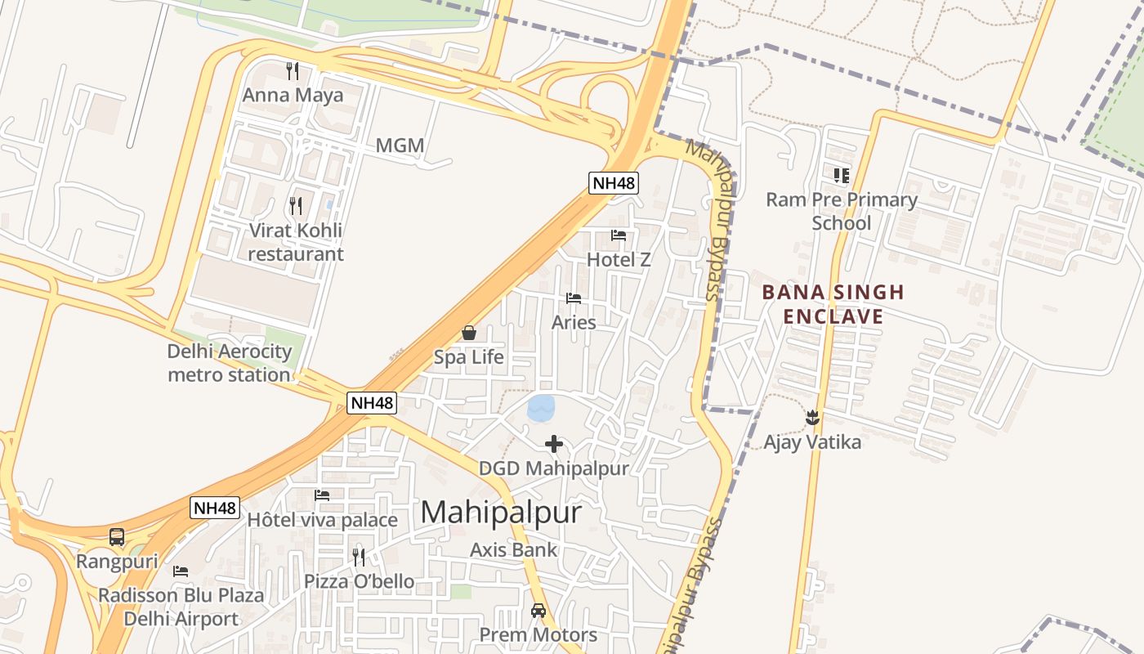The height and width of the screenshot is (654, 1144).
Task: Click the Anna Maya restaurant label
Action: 293,95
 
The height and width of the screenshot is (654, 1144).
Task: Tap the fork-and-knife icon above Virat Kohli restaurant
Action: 296,205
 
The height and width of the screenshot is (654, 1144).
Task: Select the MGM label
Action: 400,146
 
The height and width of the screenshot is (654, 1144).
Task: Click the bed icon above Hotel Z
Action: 619,235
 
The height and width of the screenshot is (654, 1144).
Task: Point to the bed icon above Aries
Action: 574,298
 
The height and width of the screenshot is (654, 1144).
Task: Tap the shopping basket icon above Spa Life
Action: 469,333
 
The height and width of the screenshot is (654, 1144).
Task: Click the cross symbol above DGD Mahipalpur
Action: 554,444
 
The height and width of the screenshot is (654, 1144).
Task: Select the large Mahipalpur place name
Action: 501,513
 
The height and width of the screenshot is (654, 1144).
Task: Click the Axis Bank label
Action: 513,549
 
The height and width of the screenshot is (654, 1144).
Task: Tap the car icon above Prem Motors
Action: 538,610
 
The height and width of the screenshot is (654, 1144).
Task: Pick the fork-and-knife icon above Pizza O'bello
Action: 359,558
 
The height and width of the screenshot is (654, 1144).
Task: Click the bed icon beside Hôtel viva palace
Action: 322,495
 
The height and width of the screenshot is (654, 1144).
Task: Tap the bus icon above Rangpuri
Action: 117,537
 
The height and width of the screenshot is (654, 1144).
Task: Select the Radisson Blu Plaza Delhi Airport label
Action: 181,607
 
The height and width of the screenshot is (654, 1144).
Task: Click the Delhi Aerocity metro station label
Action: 230,363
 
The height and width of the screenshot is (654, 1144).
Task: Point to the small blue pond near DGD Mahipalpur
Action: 541,407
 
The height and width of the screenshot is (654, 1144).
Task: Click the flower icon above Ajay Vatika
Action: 812,418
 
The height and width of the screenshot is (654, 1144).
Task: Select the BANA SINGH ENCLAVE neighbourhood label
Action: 833,304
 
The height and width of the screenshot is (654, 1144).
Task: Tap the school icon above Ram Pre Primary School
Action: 841,175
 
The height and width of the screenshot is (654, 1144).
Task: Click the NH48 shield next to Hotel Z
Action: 614,183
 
